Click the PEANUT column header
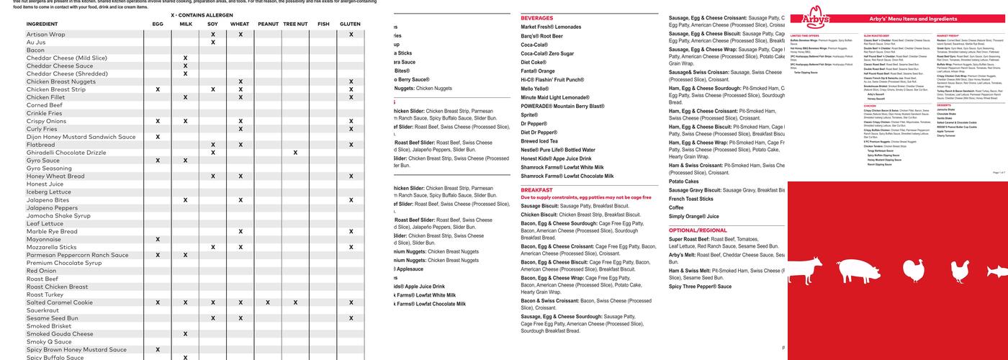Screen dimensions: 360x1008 pos(268,24)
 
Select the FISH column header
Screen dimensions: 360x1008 pos(323,24)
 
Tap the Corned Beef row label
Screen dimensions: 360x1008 pos(45,105)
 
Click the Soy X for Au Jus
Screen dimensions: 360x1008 pos(213,42)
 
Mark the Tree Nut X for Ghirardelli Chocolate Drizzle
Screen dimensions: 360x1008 pos(295,153)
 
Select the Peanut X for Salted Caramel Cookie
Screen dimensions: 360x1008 pos(268,302)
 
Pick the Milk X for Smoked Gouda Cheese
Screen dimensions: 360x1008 pos(185,334)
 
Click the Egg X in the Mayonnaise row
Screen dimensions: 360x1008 pos(158,239)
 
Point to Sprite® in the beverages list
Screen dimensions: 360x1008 pos(529,115)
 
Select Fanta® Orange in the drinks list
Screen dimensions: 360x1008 pos(538,71)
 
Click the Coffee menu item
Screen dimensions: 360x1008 pos(676,207)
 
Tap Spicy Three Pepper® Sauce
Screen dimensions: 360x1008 pos(700,287)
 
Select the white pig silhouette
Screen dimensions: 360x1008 pos(852,270)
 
